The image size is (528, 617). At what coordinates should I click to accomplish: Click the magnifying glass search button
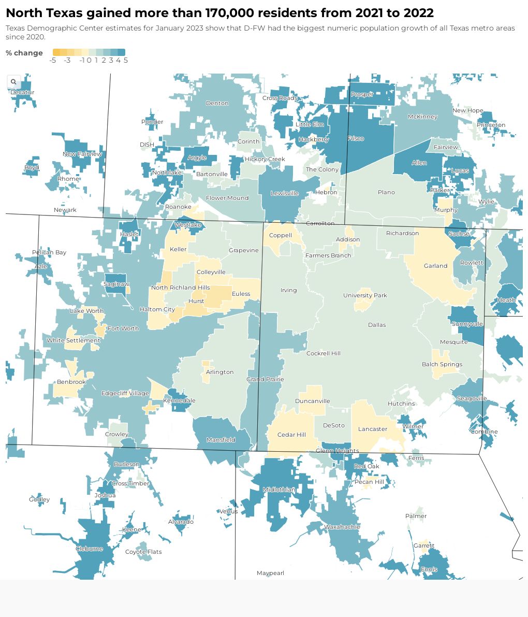pyautogui.click(x=13, y=82)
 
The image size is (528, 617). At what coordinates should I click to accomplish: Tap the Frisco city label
pyautogui.click(x=356, y=139)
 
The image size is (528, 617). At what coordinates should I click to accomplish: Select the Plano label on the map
pyautogui.click(x=386, y=192)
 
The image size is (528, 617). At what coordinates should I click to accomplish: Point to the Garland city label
pyautogui.click(x=435, y=266)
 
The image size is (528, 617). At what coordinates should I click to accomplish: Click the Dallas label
pyautogui.click(x=377, y=325)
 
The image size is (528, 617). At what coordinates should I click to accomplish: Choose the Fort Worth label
pyautogui.click(x=123, y=328)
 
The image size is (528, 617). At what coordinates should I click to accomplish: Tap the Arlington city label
pyautogui.click(x=220, y=372)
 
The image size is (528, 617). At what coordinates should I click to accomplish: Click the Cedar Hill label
pyautogui.click(x=291, y=435)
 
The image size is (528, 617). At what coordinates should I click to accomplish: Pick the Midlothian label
pyautogui.click(x=279, y=490)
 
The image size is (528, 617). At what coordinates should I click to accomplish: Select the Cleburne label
pyautogui.click(x=90, y=549)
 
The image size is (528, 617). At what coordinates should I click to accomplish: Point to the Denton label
pyautogui.click(x=217, y=103)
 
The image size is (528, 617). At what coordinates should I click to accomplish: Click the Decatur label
pyautogui.click(x=22, y=92)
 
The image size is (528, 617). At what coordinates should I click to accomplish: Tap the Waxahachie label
pyautogui.click(x=342, y=527)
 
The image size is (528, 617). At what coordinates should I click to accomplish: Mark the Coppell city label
pyautogui.click(x=281, y=235)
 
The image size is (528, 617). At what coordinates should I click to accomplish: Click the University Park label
pyautogui.click(x=365, y=295)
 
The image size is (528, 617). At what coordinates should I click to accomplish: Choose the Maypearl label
pyautogui.click(x=270, y=573)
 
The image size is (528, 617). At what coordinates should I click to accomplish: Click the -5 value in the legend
pyautogui.click(x=53, y=60)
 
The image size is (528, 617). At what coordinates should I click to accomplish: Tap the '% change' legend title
pyautogui.click(x=24, y=53)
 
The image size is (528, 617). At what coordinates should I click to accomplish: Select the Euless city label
pyautogui.click(x=241, y=294)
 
